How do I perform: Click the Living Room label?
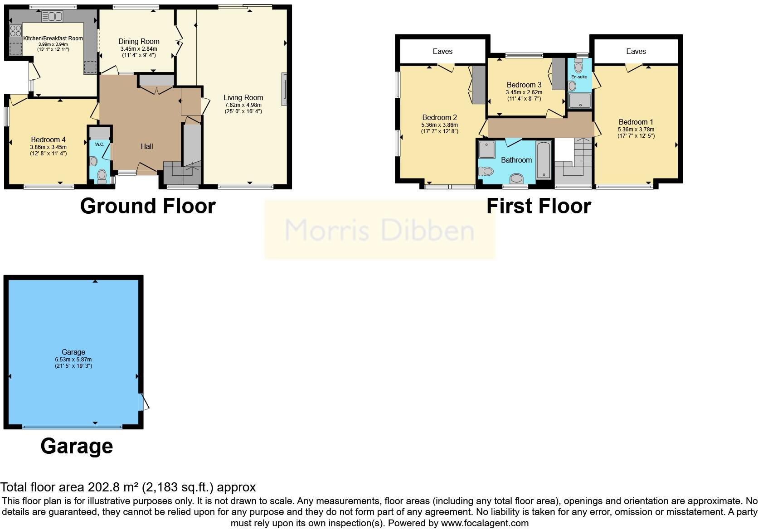click(243, 97)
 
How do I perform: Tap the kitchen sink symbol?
click(52, 17)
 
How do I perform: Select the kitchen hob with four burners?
click(15, 31)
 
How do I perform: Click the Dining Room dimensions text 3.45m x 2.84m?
click(139, 49)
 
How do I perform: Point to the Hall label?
click(146, 146)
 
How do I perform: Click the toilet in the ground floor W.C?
click(102, 175)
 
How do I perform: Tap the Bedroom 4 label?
click(48, 139)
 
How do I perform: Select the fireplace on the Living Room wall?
click(284, 89)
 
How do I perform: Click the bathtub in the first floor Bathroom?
click(544, 160)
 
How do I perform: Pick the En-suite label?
click(579, 77)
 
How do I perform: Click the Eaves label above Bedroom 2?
click(442, 51)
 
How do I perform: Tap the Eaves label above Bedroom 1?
click(636, 51)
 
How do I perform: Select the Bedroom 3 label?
click(524, 85)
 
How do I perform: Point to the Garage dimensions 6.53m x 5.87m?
click(73, 359)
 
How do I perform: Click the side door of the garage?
click(144, 402)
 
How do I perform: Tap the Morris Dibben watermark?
click(379, 230)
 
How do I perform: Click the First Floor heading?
click(539, 206)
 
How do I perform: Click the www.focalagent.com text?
click(484, 524)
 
